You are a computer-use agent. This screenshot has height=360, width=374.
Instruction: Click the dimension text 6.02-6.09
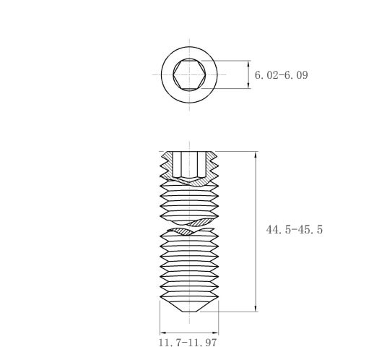coord(281,75)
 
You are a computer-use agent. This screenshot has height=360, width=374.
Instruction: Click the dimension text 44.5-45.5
coord(294,229)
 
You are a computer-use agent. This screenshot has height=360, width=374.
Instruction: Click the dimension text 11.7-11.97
coord(188,343)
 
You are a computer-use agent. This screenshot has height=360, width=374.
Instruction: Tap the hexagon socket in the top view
coord(189,74)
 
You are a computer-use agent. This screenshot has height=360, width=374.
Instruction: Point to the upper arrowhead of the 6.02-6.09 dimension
coord(248,64)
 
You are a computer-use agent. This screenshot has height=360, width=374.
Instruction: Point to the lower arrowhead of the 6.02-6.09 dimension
coord(248,85)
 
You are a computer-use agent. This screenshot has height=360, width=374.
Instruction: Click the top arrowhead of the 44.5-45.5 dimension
coord(256,155)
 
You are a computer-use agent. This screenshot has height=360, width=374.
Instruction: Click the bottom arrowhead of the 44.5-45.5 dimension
coord(256,308)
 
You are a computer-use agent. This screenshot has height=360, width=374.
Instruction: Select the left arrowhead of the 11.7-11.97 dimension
coord(163,333)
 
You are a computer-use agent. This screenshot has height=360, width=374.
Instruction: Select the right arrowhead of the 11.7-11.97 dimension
coord(215,333)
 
